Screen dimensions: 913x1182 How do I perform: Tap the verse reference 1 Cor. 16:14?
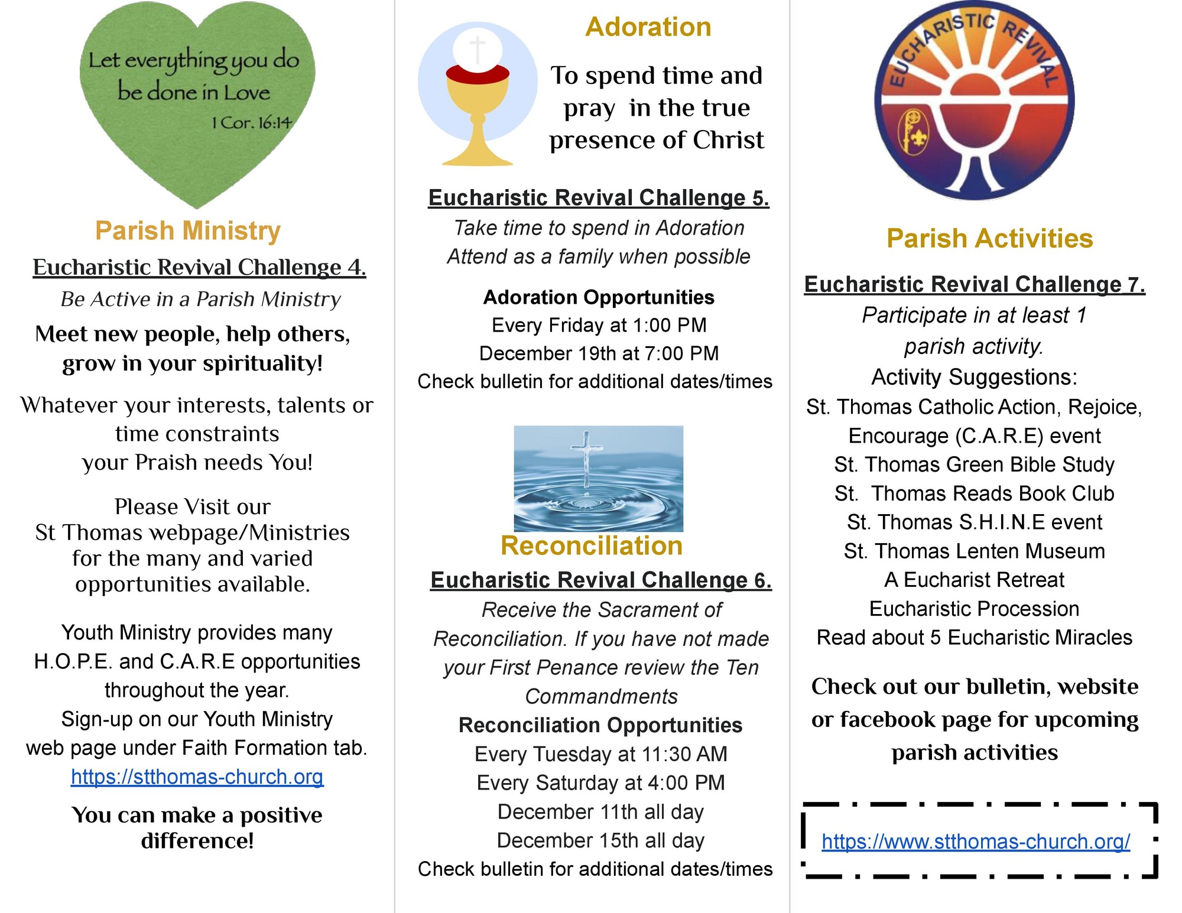(x=252, y=123)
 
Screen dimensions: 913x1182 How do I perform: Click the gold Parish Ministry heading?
(x=188, y=230)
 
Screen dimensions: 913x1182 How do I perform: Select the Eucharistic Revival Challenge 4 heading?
(x=199, y=267)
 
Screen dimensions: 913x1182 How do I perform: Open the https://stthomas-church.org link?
(x=197, y=776)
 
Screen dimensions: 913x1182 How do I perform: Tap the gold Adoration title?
(x=648, y=27)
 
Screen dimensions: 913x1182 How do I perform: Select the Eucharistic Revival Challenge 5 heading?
(x=598, y=197)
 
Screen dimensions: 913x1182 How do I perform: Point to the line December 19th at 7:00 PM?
(x=599, y=353)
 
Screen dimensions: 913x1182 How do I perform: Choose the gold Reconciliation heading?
(x=592, y=545)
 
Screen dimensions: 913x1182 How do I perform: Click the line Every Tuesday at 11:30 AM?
(x=600, y=754)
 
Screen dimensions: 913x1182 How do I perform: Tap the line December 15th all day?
(x=600, y=840)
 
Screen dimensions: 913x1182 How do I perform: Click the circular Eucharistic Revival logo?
(x=974, y=100)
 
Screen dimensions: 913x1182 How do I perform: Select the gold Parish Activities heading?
(x=989, y=239)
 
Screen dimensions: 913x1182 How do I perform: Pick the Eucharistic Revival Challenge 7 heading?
(x=975, y=284)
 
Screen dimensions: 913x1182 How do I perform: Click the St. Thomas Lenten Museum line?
(x=974, y=551)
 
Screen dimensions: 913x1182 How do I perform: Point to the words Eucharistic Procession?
(x=974, y=609)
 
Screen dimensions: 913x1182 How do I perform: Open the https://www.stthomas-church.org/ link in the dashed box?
(x=976, y=841)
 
